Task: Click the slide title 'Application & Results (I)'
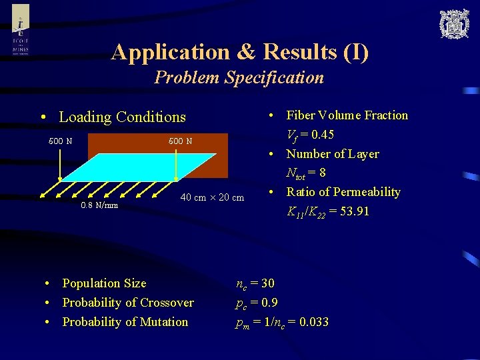point(239,51)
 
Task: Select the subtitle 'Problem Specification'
point(239,77)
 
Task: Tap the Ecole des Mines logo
point(21,31)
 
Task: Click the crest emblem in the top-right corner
point(454,24)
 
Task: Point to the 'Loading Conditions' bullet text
point(122,117)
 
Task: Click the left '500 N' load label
point(61,141)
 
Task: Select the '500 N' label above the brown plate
point(180,141)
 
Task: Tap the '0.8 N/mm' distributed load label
point(99,205)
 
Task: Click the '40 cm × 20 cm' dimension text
point(212,197)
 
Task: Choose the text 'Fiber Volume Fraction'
point(347,115)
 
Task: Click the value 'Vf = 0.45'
point(310,135)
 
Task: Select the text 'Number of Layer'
point(332,154)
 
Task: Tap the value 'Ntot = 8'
point(306,173)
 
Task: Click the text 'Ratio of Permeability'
point(343,192)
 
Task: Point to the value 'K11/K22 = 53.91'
point(327,212)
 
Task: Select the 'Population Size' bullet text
point(104,283)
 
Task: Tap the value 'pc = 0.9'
point(257,303)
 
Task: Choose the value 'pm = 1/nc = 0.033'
point(282,323)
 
